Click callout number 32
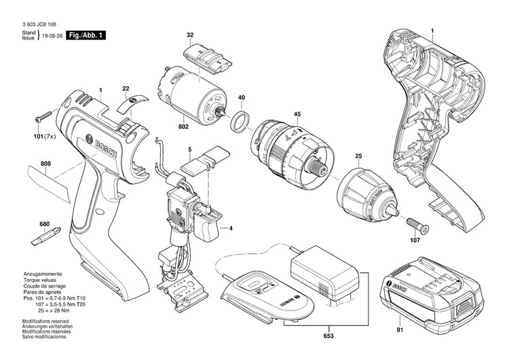tap(190, 35)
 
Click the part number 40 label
tap(242, 98)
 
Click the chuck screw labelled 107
tap(415, 222)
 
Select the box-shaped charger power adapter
tap(328, 272)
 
